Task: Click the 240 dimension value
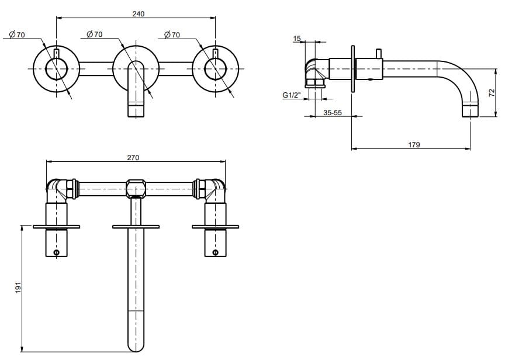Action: pyautogui.click(x=138, y=13)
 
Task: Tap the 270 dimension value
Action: pyautogui.click(x=133, y=157)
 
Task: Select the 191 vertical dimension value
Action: pyautogui.click(x=18, y=288)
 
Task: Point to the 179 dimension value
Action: pyautogui.click(x=414, y=144)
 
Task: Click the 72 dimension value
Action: pyautogui.click(x=492, y=92)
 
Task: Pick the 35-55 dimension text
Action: pyautogui.click(x=333, y=112)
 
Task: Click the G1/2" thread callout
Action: pyautogui.click(x=292, y=95)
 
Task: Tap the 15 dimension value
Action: pyautogui.click(x=297, y=39)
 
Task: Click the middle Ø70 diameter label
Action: pyautogui.click(x=94, y=34)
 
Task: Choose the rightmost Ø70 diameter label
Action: pyautogui.click(x=172, y=35)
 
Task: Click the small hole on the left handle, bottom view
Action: pyautogui.click(x=57, y=252)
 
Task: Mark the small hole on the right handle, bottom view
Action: pyautogui.click(x=215, y=252)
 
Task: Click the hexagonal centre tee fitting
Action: pyautogui.click(x=136, y=189)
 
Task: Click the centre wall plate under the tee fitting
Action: pyautogui.click(x=136, y=226)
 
